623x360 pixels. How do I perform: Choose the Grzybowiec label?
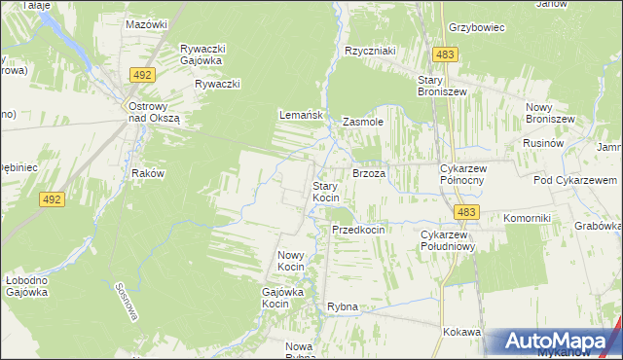(476, 27)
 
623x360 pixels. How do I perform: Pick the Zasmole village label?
(363, 123)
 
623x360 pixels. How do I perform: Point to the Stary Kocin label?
(325, 192)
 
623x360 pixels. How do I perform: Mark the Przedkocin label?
(358, 230)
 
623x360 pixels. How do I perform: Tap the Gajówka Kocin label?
(283, 297)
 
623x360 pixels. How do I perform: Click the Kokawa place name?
(461, 332)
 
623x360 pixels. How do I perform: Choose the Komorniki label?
(528, 218)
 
